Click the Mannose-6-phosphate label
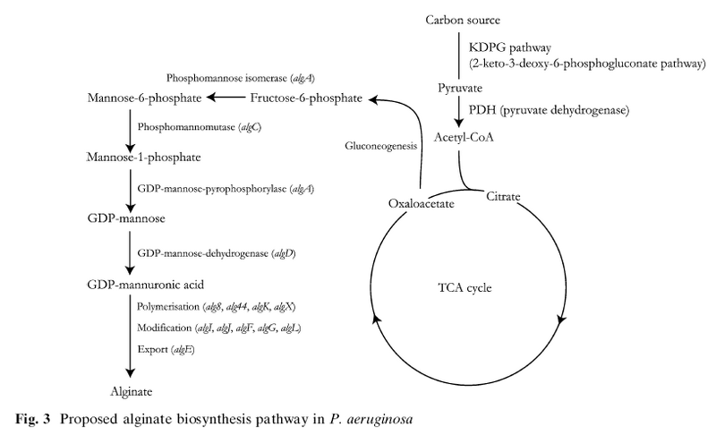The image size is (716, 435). [143, 97]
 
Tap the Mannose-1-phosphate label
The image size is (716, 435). [143, 158]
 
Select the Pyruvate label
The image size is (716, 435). [460, 89]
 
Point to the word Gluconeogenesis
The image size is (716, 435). [378, 144]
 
